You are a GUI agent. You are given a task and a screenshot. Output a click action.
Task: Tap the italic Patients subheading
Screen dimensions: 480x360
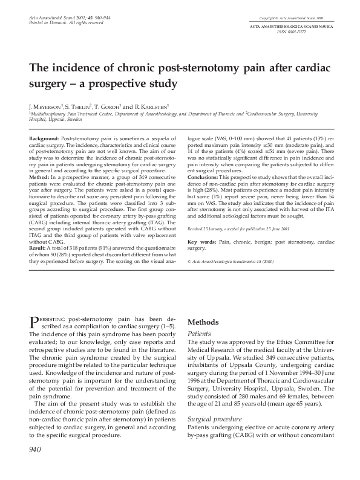click(200, 333)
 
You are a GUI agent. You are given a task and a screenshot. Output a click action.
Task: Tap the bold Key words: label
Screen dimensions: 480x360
click(202, 241)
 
